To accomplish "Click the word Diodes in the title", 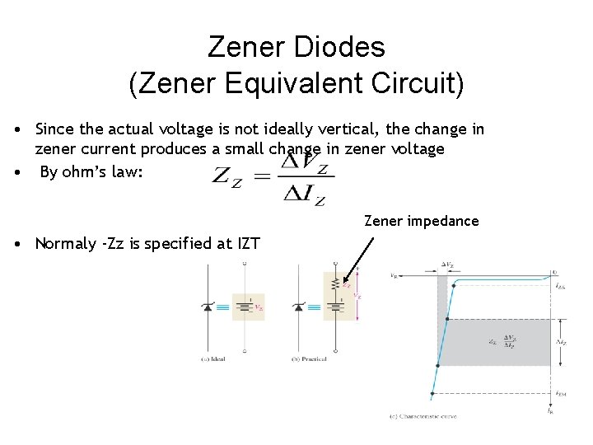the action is [x=345, y=47].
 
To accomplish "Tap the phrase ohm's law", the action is [x=102, y=173].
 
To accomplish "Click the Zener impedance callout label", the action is [x=421, y=221].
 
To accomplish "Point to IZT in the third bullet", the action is [x=246, y=243].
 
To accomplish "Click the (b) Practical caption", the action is [x=309, y=359].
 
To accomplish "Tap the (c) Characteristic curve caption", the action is [x=423, y=417].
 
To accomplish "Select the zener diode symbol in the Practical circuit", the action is [x=297, y=307].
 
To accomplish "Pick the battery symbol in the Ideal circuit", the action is [x=244, y=307].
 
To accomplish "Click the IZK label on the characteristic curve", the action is [x=561, y=285].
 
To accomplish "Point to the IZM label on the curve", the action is [x=560, y=393].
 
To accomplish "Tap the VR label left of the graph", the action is [x=393, y=274].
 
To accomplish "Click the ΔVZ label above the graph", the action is [x=447, y=265].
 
